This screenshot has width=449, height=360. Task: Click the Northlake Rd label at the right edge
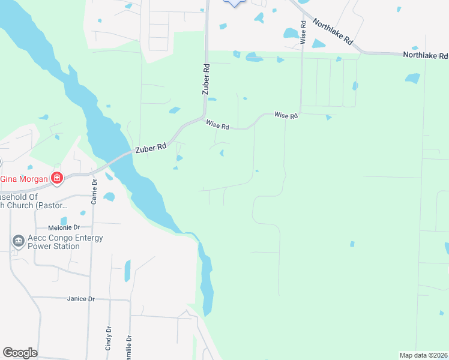[x=425, y=55]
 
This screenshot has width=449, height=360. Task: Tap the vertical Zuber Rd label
[x=206, y=79]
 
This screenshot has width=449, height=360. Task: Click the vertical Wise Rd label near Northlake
[x=304, y=32]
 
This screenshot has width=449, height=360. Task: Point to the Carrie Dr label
[x=94, y=191]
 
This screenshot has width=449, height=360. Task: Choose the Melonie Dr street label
[x=64, y=228]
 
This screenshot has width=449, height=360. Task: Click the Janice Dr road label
[x=81, y=299]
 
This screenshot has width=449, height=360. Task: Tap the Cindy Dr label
[x=109, y=338]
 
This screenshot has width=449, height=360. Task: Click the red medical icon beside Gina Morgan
[x=56, y=178]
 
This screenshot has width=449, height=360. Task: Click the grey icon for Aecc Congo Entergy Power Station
[x=18, y=241]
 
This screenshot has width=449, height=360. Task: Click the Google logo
[x=20, y=353]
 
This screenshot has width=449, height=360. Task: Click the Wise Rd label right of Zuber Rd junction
[x=217, y=126]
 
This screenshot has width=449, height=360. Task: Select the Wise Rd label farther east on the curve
[x=286, y=115]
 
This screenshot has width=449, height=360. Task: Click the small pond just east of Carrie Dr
[x=109, y=196]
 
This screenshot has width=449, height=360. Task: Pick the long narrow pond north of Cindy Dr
[x=127, y=271]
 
